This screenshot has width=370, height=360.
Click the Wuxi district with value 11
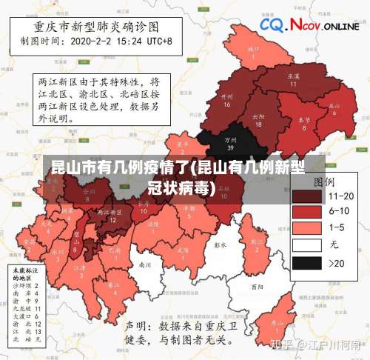[293, 80]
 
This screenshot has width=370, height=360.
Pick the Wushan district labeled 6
[334, 108]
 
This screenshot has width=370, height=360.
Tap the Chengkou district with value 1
[254, 52]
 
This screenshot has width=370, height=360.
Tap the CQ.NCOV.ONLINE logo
[309, 27]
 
